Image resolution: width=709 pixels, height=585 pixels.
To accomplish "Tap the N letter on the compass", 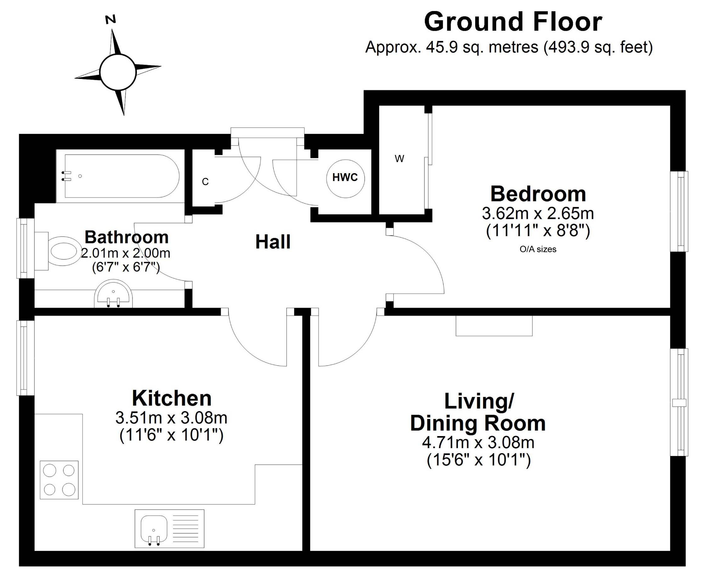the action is (111, 19).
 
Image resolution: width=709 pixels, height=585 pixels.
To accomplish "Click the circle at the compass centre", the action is (118, 72).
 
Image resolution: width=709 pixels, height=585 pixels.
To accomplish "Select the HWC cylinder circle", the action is (345, 178).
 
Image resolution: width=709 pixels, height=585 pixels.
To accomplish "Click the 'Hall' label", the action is (273, 241).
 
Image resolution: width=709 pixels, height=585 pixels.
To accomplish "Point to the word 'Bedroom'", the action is (538, 194).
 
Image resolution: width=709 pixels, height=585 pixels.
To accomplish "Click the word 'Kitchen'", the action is (172, 398).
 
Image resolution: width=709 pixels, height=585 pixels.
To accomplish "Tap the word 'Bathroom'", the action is (126, 237).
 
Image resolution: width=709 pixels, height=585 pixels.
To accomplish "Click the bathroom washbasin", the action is (113, 294).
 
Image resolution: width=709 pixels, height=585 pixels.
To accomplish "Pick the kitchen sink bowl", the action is (154, 528).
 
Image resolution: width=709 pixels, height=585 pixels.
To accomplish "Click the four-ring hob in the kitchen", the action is (59, 480).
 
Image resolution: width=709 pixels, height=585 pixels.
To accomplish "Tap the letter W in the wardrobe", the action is (399, 159).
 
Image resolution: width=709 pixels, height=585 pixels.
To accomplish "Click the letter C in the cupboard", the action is (205, 182).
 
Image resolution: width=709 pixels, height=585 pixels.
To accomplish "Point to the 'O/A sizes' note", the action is (538, 249).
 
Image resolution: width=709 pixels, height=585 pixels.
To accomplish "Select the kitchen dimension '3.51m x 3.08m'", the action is (172, 418).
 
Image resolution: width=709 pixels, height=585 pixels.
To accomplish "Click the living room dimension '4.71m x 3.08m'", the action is (478, 442).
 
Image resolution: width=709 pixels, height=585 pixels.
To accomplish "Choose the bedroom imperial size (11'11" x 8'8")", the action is (538, 231).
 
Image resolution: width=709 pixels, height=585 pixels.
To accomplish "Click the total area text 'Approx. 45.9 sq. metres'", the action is (452, 47).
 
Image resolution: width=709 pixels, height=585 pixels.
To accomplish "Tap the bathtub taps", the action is (67, 176).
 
